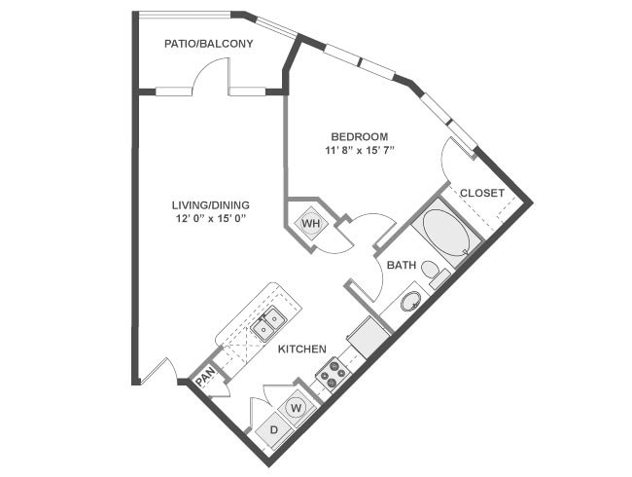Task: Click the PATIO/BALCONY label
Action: click(208, 44)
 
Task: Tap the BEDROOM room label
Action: click(359, 136)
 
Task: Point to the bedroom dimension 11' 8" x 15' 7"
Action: click(359, 151)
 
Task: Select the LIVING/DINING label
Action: click(211, 205)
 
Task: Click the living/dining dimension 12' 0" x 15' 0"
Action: click(211, 219)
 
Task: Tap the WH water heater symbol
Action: click(311, 223)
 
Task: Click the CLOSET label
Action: click(482, 193)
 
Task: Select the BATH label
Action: click(401, 265)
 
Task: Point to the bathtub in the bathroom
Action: click(446, 232)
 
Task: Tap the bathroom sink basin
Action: click(410, 302)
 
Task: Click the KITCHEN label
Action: click(301, 349)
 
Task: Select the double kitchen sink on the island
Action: click(268, 323)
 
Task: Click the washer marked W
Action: click(296, 408)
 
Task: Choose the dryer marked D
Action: click(274, 430)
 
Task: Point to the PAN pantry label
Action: click(205, 380)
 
